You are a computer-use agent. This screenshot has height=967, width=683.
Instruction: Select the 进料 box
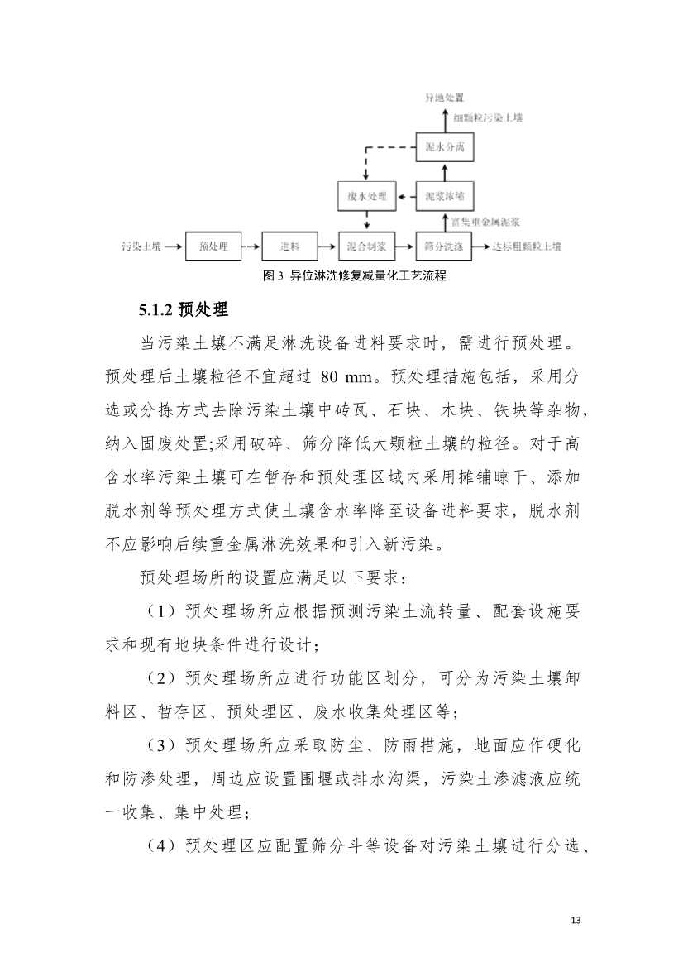(289, 246)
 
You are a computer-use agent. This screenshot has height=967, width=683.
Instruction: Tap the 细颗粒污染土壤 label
(488, 118)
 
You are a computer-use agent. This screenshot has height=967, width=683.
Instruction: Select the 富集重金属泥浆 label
(485, 222)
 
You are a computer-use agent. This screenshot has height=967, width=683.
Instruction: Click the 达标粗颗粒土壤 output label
(527, 246)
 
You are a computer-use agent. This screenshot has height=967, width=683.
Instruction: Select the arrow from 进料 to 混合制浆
(328, 246)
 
